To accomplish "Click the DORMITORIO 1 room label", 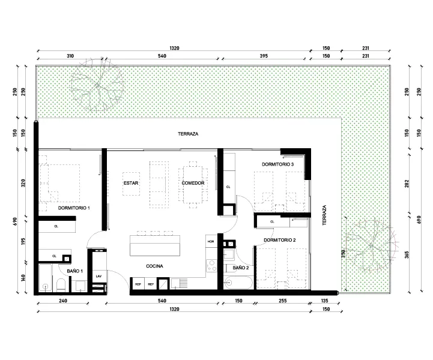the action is (74, 208).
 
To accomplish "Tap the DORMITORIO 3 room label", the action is (277, 164).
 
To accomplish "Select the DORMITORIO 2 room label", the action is (279, 240).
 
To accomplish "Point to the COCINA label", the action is (154, 266).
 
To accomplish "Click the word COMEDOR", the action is (193, 183).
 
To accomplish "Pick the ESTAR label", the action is (131, 183).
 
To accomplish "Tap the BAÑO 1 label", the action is (75, 271).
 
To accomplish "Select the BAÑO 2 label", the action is (241, 268).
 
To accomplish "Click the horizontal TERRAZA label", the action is (188, 134).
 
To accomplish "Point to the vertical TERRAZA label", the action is (324, 215).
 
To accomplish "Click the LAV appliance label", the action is (98, 276).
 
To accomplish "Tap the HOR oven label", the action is (211, 241).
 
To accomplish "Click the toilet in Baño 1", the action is (61, 285).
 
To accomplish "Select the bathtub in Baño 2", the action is (238, 283).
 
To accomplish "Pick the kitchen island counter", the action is (155, 245).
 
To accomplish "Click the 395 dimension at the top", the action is (264, 56).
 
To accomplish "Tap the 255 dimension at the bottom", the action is (282, 301).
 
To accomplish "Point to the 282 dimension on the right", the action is (407, 184).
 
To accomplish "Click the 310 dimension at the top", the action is (70, 56).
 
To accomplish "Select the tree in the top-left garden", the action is (97, 85).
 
